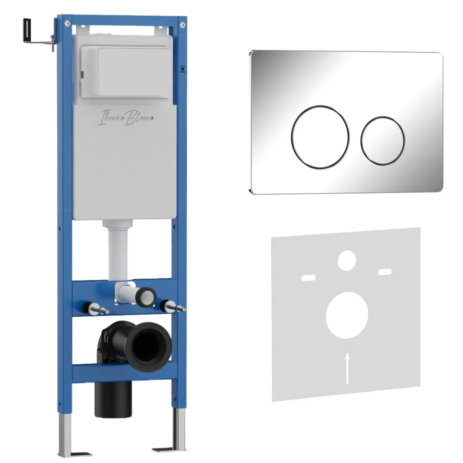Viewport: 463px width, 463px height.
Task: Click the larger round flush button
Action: [320, 137]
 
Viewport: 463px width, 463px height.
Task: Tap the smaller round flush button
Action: [383, 141]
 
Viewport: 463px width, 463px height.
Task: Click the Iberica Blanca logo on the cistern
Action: [126, 117]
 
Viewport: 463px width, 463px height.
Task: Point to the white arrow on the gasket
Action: [348, 368]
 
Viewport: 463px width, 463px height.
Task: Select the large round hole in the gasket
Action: [347, 315]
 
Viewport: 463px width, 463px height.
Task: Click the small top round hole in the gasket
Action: [347, 260]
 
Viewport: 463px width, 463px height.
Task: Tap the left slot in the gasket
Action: [308, 278]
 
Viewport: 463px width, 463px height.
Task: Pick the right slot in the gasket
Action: [385, 272]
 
